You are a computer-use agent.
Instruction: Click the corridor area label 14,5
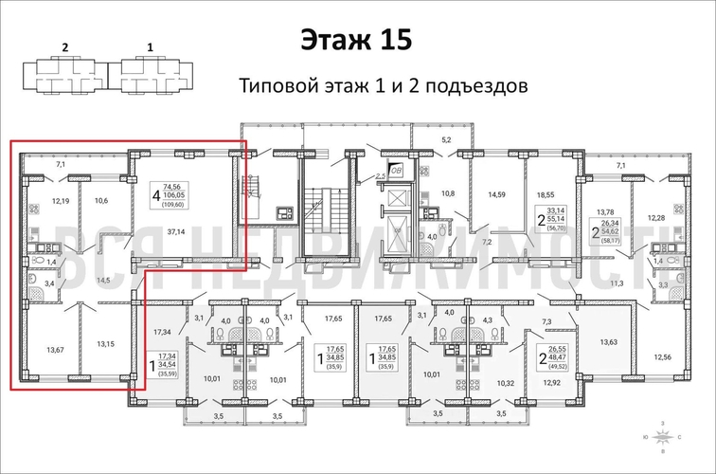click(102, 281)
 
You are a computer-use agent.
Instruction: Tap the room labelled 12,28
click(657, 218)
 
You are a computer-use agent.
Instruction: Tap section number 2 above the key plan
click(65, 45)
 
